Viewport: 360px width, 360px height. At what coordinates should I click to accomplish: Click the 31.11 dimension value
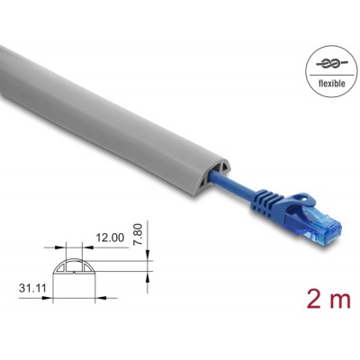coord(33,289)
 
